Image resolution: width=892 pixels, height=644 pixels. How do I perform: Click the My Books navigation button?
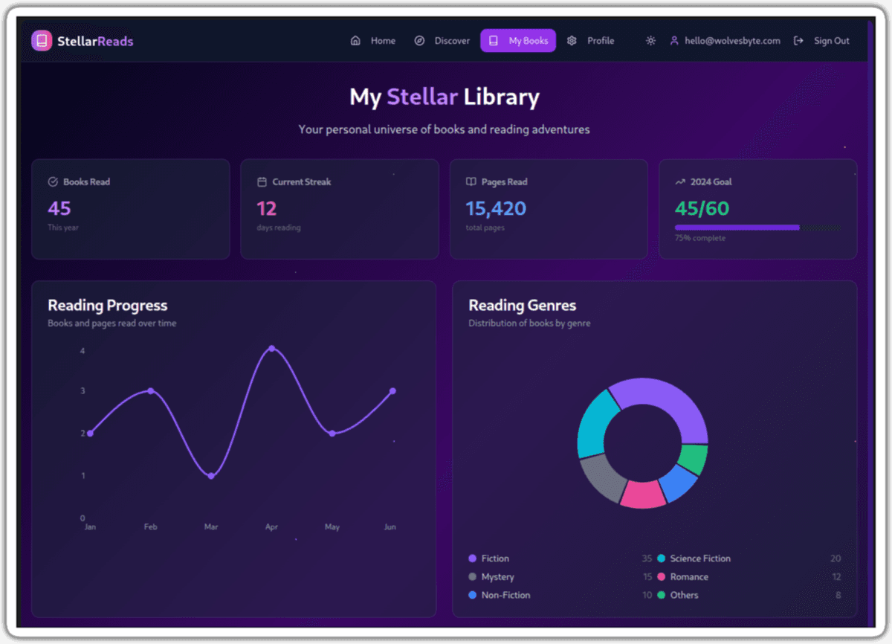pos(518,41)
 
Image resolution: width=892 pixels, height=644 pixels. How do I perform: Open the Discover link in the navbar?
pos(442,41)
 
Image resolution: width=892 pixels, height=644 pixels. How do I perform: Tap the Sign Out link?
pos(822,41)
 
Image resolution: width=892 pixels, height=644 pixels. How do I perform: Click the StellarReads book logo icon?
pos(42,41)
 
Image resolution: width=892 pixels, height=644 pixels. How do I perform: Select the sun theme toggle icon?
pos(650,41)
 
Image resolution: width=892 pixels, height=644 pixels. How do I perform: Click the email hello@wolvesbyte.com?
pos(732,41)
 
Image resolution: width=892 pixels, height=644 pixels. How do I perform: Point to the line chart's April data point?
pos(272,348)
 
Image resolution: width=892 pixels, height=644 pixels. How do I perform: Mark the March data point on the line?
pos(211,476)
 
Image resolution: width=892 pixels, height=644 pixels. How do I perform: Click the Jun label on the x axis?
pos(390,527)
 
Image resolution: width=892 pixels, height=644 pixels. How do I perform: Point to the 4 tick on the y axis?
pos(83,350)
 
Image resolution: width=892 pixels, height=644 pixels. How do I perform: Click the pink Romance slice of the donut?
pos(642,494)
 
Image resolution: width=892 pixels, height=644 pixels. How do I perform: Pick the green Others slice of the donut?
pos(694,460)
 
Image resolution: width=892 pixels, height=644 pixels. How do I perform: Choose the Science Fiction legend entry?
pos(699,558)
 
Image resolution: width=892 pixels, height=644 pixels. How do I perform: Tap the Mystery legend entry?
pos(497,577)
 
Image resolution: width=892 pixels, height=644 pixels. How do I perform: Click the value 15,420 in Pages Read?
pos(496,208)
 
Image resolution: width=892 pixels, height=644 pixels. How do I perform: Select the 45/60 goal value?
pos(702,208)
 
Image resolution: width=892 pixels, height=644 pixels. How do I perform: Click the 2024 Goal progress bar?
pos(737,228)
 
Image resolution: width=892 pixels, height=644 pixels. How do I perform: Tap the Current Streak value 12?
pos(266,208)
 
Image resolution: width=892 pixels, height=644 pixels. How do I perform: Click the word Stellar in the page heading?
pos(422,97)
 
